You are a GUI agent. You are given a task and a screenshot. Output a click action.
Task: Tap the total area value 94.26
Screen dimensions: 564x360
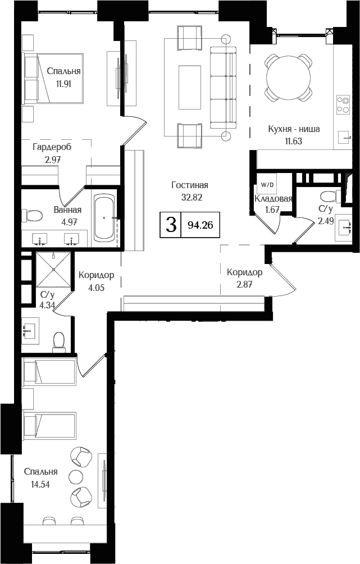(200, 225)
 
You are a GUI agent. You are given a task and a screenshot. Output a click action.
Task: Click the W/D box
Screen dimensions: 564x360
(265, 183)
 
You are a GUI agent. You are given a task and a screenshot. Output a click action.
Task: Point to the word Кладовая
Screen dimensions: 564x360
(273, 199)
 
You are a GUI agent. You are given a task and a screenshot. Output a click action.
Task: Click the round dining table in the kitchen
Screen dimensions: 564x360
(289, 76)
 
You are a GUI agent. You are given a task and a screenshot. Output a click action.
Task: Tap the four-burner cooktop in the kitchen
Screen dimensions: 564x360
(342, 104)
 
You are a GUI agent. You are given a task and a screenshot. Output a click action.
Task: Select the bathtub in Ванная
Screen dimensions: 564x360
(104, 217)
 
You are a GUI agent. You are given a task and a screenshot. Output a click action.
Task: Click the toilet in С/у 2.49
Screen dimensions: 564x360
(327, 197)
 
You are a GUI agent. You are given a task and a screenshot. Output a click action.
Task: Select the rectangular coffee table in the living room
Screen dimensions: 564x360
(189, 88)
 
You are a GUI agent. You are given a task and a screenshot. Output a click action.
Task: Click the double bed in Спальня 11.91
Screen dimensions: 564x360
(53, 79)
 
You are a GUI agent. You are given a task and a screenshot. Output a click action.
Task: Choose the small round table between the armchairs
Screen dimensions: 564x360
(76, 477)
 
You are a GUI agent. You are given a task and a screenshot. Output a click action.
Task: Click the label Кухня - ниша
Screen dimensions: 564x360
(294, 129)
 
